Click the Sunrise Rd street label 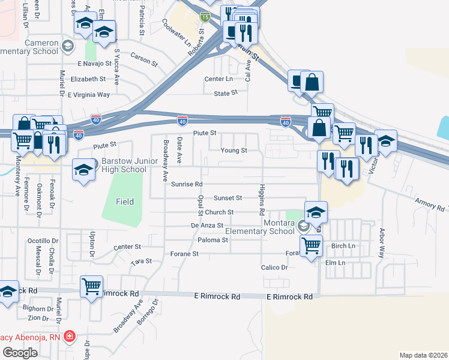pos(186,184)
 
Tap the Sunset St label pos(227,197)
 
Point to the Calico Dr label pos(274,267)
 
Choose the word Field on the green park pos(125,202)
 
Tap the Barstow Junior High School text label pos(124,166)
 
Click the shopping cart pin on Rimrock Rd pos(91,287)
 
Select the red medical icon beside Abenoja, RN pos(70,336)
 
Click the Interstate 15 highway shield pos(205,18)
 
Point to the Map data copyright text pos(423,355)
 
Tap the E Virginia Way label pos(88,95)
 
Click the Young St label pos(234,151)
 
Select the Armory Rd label pos(427,204)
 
